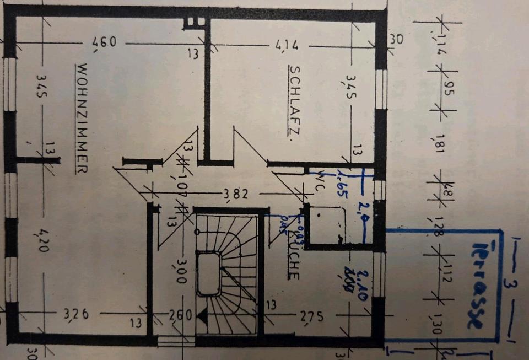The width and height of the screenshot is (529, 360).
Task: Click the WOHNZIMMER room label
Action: pyautogui.click(x=81, y=119)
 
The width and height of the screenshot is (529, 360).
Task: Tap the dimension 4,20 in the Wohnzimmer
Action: pyautogui.click(x=44, y=240)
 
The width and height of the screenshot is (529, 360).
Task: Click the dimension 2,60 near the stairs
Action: pyautogui.click(x=181, y=316)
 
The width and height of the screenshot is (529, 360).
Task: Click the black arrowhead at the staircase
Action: pyautogui.click(x=201, y=315)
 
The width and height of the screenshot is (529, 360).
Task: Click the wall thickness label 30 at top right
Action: pyautogui.click(x=396, y=39)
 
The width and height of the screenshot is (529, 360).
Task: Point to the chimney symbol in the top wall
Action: pyautogui.click(x=194, y=22)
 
